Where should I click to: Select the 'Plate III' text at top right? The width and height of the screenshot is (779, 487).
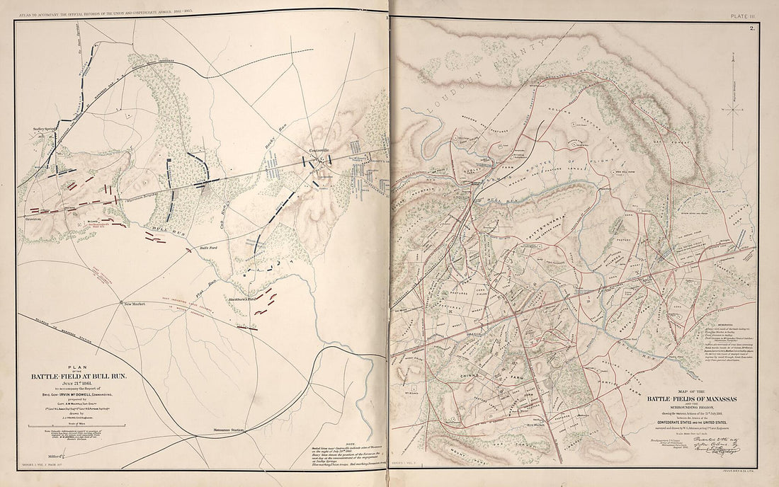pos(744,6)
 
